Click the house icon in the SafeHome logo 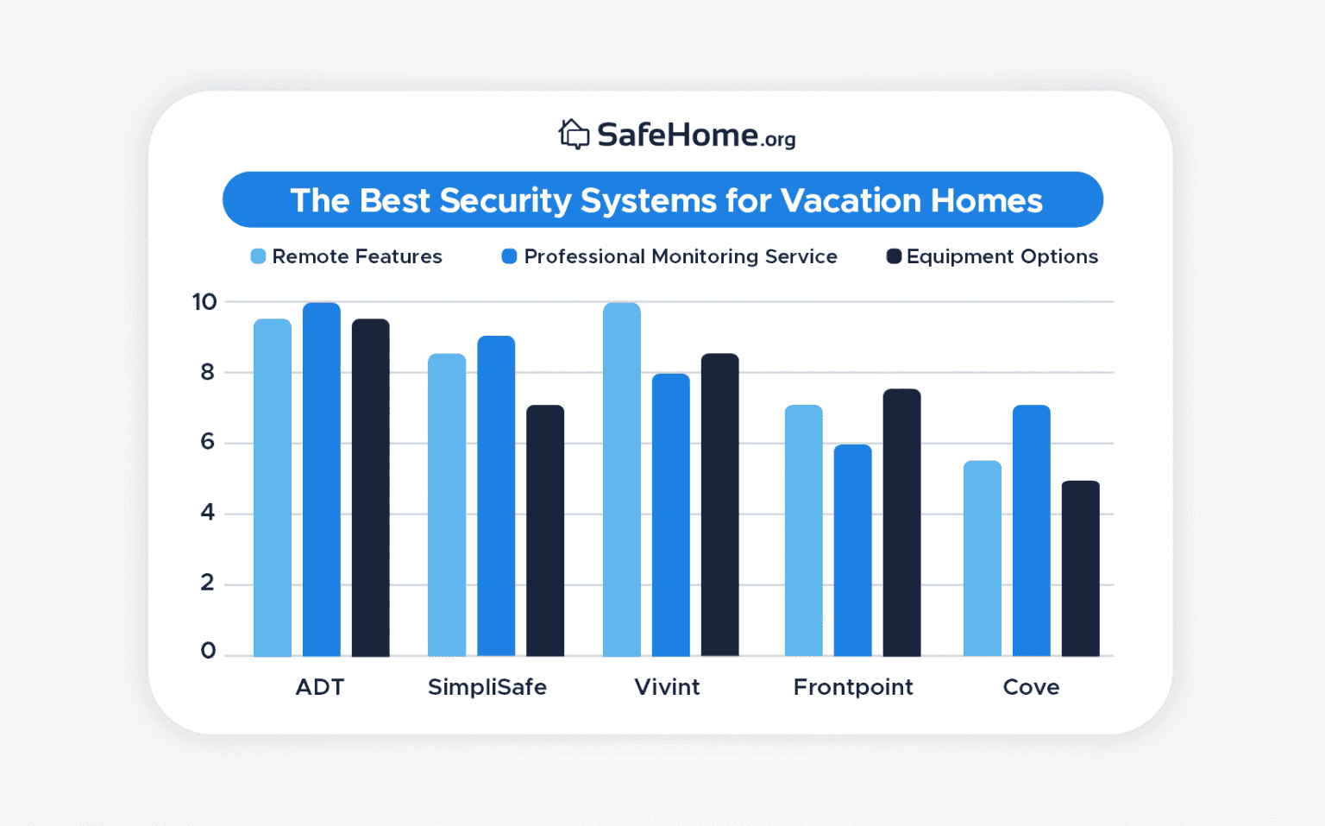(574, 135)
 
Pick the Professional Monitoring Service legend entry (669, 256)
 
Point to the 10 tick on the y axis (204, 302)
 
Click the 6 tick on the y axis (207, 442)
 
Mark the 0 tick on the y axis (208, 651)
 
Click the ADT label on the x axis (320, 687)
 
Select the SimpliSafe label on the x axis (487, 687)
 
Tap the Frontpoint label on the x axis (853, 687)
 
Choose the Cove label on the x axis (1031, 687)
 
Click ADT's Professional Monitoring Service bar (322, 480)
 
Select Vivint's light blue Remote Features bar (622, 480)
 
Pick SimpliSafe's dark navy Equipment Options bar (545, 531)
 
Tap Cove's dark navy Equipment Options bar (1080, 569)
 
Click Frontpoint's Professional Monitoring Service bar (852, 551)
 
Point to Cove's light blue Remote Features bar (983, 558)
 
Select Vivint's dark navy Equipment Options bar (719, 505)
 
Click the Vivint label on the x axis (667, 687)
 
